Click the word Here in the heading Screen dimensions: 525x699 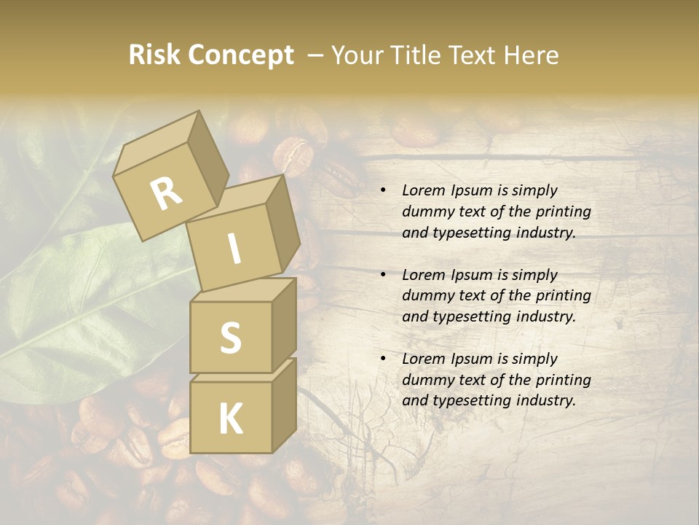click(533, 55)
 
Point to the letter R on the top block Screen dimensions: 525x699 click(166, 193)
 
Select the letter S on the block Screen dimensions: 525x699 click(230, 338)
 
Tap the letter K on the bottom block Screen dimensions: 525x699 click(230, 419)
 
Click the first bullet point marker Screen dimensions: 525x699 click(382, 191)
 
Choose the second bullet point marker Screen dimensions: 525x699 click(382, 275)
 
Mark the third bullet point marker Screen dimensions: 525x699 click(382, 359)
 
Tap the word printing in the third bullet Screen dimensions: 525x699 click(564, 380)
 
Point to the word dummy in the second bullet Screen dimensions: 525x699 click(425, 295)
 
